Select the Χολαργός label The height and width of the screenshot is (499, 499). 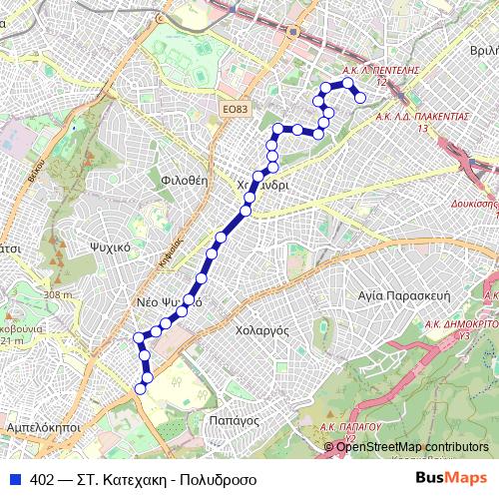[x=262, y=328]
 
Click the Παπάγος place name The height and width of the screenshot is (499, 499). [x=235, y=421]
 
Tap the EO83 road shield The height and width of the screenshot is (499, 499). [x=235, y=109]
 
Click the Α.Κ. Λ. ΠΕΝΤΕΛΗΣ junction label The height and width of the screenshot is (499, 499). [x=379, y=72]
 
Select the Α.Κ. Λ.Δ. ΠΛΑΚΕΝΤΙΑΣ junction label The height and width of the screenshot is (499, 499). [x=422, y=117]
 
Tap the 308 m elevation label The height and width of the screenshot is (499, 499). [x=59, y=294]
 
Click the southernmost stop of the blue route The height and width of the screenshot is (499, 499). [x=140, y=389]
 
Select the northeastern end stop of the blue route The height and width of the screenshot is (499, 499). [x=360, y=97]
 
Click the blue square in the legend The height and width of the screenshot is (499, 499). [x=14, y=479]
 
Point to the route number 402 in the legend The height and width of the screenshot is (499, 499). [x=42, y=479]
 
